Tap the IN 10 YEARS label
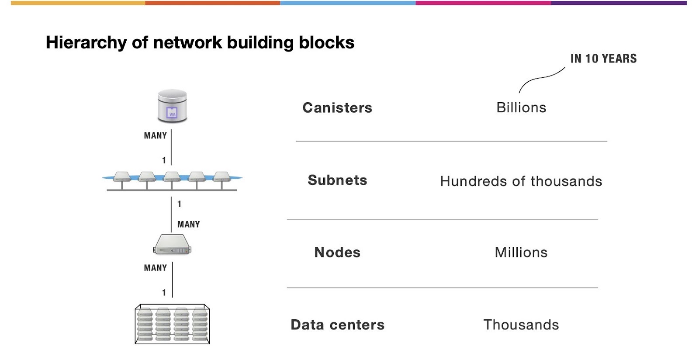(x=603, y=59)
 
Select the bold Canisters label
(x=337, y=108)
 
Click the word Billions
(x=521, y=107)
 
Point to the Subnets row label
(x=337, y=180)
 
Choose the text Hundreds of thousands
(x=521, y=181)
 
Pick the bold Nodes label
(x=337, y=253)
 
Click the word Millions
(x=521, y=253)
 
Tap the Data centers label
(x=337, y=325)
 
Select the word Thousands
(x=521, y=325)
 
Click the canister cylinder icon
(x=172, y=106)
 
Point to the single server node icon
(x=172, y=245)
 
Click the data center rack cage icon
(x=172, y=324)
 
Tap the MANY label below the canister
(x=156, y=136)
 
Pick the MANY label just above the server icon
(x=189, y=225)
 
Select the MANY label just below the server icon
(x=156, y=268)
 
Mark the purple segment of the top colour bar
(x=619, y=3)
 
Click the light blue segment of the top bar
(x=348, y=3)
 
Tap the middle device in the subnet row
(x=172, y=177)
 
